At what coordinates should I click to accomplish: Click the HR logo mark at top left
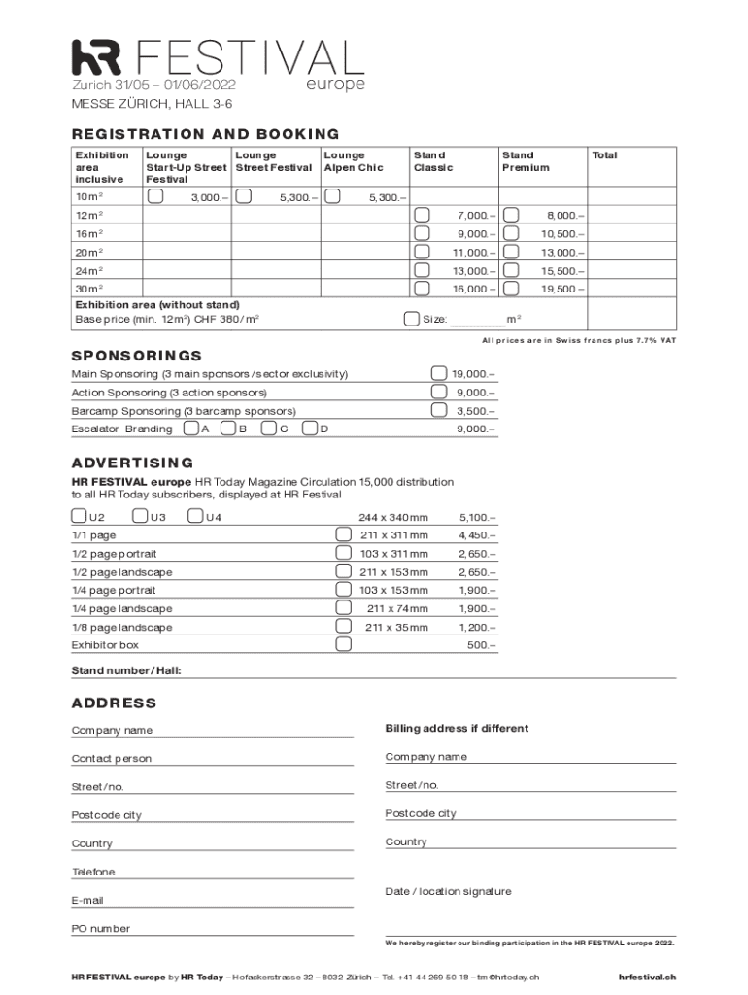tap(97, 57)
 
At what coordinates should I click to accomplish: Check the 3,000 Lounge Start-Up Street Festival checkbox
tap(154, 196)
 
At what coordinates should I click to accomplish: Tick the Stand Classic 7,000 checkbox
tap(423, 215)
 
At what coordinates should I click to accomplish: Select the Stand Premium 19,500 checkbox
tap(511, 289)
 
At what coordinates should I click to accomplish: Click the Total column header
tap(604, 155)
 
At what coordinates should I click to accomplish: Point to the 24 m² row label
tap(89, 271)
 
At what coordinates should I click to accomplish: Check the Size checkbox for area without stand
tap(411, 319)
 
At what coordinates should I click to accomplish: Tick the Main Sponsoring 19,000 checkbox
tap(439, 374)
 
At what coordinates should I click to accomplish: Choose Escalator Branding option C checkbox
tap(268, 429)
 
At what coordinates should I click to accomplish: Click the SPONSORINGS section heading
tap(137, 356)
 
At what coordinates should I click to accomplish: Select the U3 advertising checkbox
tap(140, 516)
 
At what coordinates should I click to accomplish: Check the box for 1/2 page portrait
tap(343, 553)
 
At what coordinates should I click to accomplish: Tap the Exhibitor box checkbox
tap(343, 645)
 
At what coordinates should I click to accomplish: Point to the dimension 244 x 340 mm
tap(393, 517)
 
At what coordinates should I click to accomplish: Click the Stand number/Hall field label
tap(126, 671)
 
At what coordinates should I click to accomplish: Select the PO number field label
tap(100, 929)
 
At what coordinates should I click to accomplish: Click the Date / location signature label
tap(448, 892)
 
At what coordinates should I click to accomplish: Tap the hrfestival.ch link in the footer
tap(647, 977)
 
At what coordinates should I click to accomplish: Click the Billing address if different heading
tap(457, 729)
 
